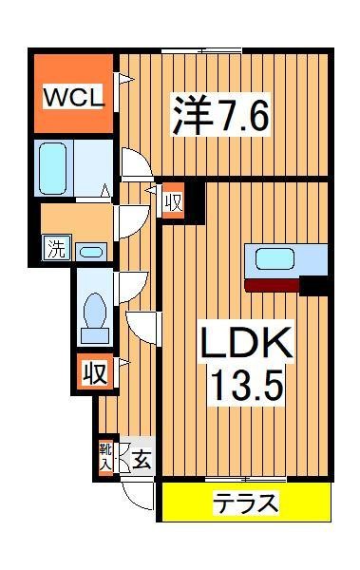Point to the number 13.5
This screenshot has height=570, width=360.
(241, 384)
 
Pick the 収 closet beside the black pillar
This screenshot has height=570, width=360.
(172, 203)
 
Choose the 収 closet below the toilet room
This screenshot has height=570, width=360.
(93, 371)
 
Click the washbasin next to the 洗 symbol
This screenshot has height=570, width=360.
(91, 253)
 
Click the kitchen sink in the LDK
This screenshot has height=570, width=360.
(274, 259)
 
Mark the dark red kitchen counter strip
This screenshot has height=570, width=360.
(272, 283)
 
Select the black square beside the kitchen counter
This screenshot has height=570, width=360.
(315, 284)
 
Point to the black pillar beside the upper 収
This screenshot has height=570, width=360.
(195, 197)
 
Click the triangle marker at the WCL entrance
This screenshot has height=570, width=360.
(120, 82)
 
